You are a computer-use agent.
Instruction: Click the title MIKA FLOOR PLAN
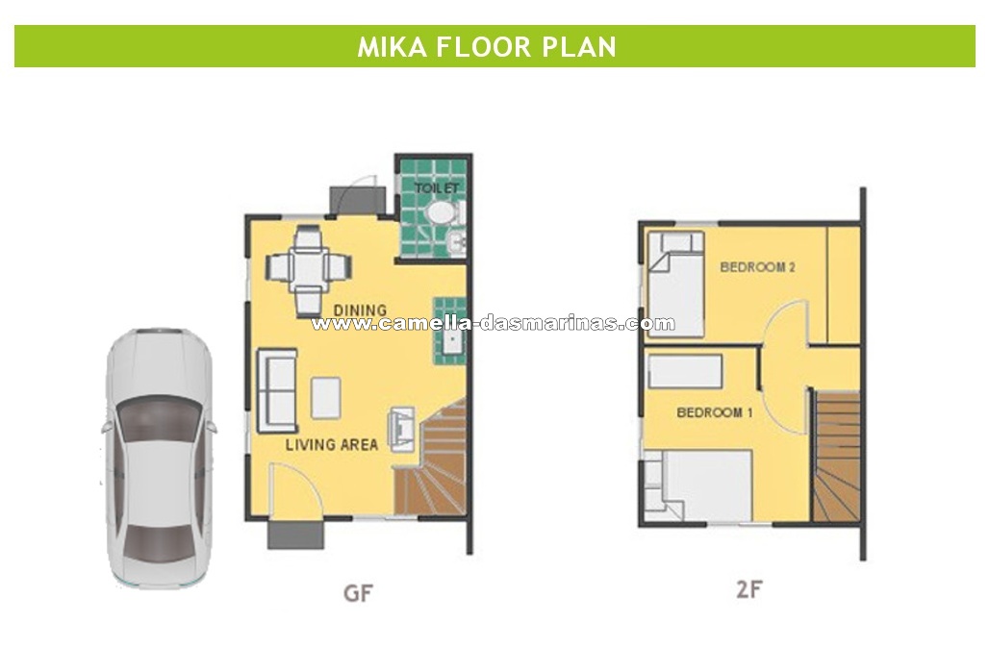coord(486,47)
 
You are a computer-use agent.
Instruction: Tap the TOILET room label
coord(437,187)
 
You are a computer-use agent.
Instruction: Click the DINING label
coord(360,311)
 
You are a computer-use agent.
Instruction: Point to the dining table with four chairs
coord(309,269)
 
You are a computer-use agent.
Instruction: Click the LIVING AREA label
coord(332,444)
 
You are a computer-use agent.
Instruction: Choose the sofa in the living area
coord(277,390)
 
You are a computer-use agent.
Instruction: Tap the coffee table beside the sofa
coord(326,398)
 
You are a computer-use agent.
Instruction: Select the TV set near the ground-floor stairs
coord(401,429)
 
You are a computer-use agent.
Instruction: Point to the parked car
coord(159,459)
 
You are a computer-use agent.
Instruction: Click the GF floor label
coord(358,592)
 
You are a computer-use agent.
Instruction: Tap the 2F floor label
coord(749,589)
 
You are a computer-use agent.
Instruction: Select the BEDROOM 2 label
coord(757,267)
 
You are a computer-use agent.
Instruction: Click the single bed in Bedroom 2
coord(675,285)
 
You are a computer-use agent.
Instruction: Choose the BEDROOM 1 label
coord(715,412)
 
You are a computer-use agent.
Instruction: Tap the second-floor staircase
coord(836,457)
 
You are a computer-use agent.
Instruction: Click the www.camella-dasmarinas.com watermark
coord(493,324)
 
